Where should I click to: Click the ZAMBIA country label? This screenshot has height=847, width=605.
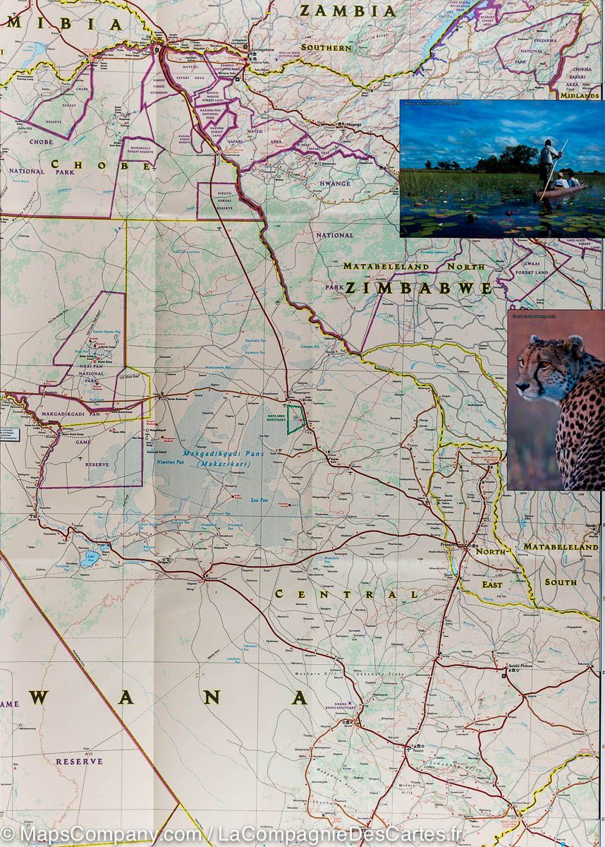[x=348, y=11]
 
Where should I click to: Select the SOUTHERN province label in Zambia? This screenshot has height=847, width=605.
[x=326, y=47]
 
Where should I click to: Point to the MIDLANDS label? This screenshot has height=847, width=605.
[x=580, y=95]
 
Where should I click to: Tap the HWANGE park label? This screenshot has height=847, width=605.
[x=334, y=184]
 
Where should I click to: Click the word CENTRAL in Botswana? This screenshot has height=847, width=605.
[x=346, y=594]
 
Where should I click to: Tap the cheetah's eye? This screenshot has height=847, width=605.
[x=542, y=368]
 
